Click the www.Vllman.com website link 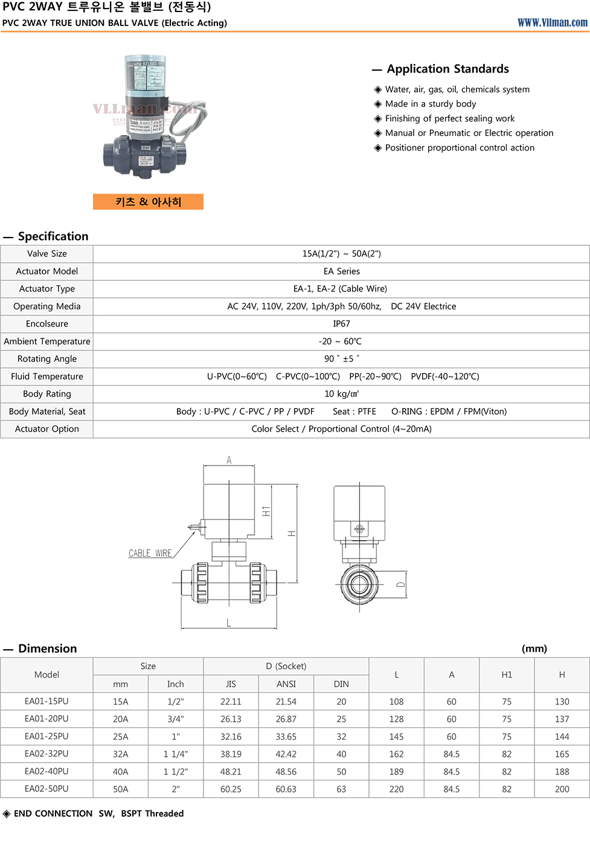552,22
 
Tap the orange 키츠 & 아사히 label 148,202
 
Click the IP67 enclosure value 341,324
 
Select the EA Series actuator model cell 341,271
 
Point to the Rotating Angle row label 47,359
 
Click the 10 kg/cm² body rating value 341,394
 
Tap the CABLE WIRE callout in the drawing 150,553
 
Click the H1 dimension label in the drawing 266,511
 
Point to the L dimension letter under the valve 229,623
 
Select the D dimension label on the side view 400,585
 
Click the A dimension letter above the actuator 229,461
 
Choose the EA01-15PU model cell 46,701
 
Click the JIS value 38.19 231,754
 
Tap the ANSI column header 286,684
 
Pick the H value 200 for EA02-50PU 562,789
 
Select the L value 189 396,772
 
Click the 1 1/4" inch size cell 175,754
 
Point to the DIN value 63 341,789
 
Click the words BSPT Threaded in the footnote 152,814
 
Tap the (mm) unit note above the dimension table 534,649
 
